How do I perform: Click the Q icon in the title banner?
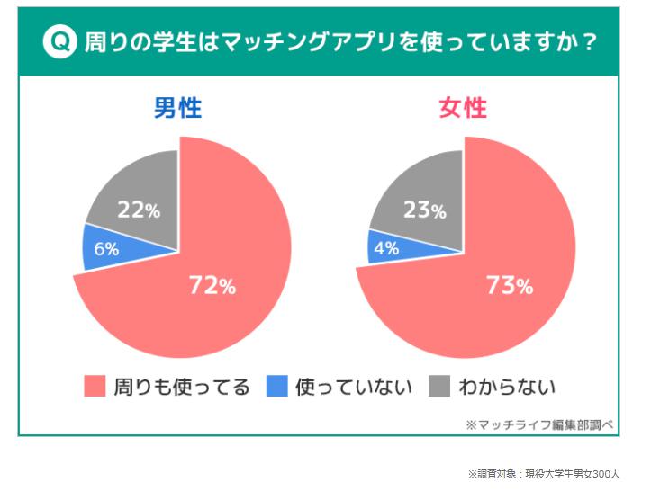(x=59, y=42)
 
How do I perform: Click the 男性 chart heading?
(x=177, y=109)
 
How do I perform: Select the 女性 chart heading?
(x=463, y=109)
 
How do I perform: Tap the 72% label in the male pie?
(x=212, y=286)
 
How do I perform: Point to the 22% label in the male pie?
(x=139, y=211)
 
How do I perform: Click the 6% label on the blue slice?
(x=106, y=249)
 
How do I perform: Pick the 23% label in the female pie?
(x=424, y=211)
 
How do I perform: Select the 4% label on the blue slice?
(x=386, y=248)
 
